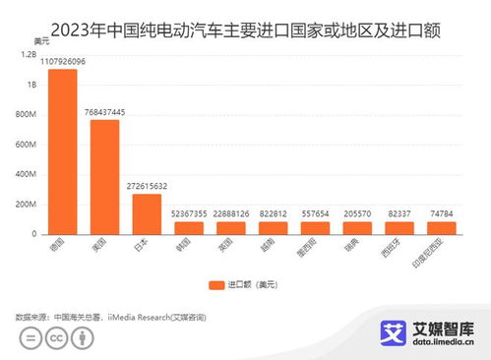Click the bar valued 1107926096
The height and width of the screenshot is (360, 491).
click(x=63, y=152)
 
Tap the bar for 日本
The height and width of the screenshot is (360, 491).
click(x=147, y=214)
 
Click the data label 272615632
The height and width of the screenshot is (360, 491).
click(x=147, y=185)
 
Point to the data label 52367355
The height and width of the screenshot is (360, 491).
click(x=189, y=213)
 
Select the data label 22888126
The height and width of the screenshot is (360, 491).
click(x=231, y=213)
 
